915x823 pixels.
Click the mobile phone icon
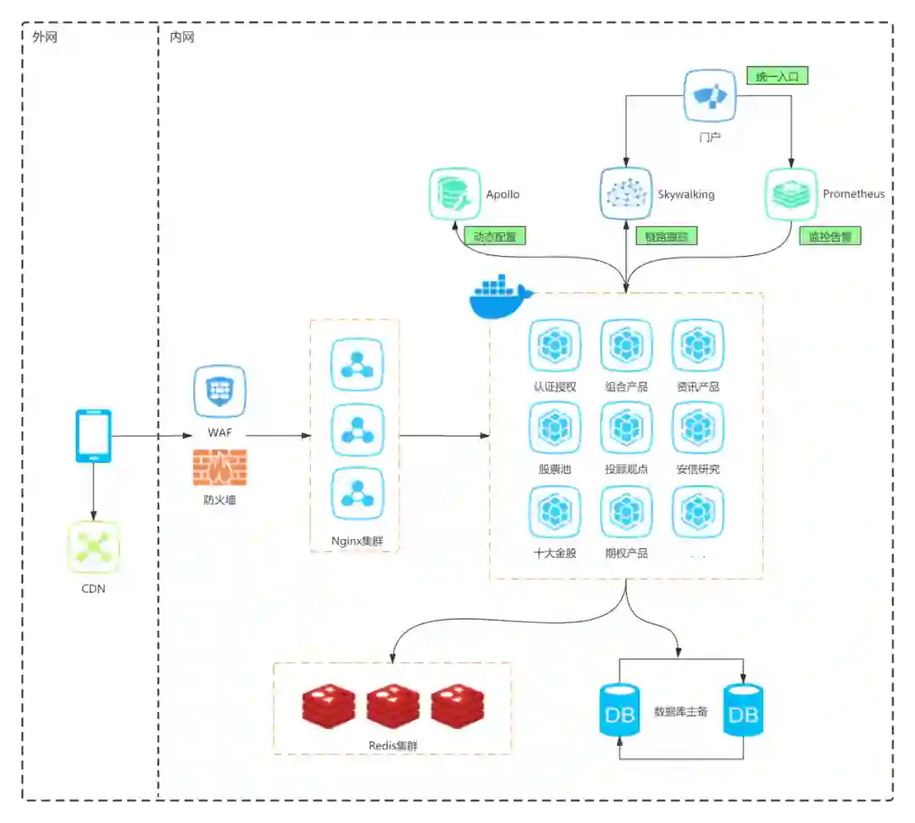(93, 436)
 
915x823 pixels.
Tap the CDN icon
(93, 548)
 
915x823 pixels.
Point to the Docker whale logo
(500, 297)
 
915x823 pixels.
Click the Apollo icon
(455, 194)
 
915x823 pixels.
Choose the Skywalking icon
(626, 194)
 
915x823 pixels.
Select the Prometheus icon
(791, 194)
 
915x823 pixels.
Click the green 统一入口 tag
(777, 76)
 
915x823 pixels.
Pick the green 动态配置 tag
(495, 236)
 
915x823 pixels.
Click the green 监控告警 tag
(830, 236)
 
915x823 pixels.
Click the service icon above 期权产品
(626, 511)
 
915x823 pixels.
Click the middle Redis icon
(393, 707)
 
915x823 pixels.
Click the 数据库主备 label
(680, 711)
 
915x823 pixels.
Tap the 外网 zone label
(45, 37)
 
